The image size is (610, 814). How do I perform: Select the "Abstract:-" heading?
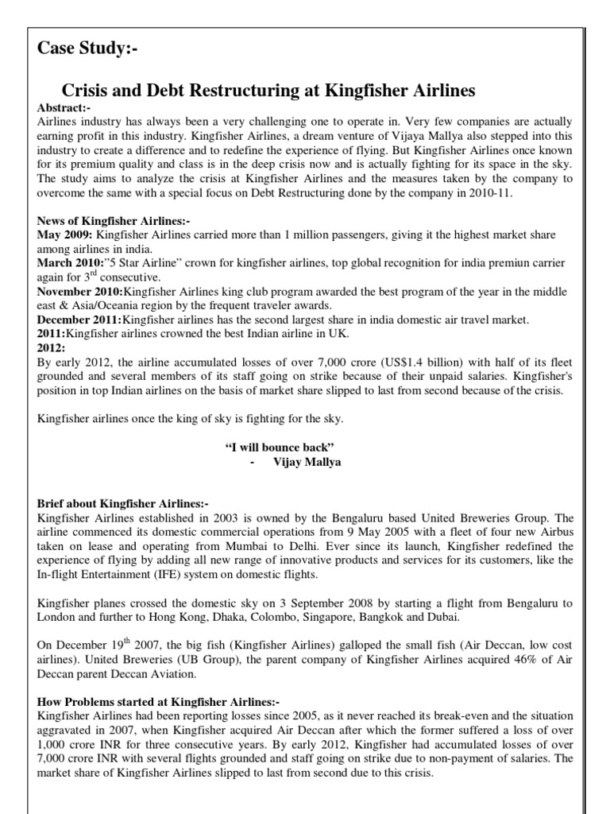coord(64,107)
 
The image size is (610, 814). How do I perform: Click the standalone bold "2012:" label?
coord(51,347)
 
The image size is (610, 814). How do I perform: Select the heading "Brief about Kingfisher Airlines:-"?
coord(122,504)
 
